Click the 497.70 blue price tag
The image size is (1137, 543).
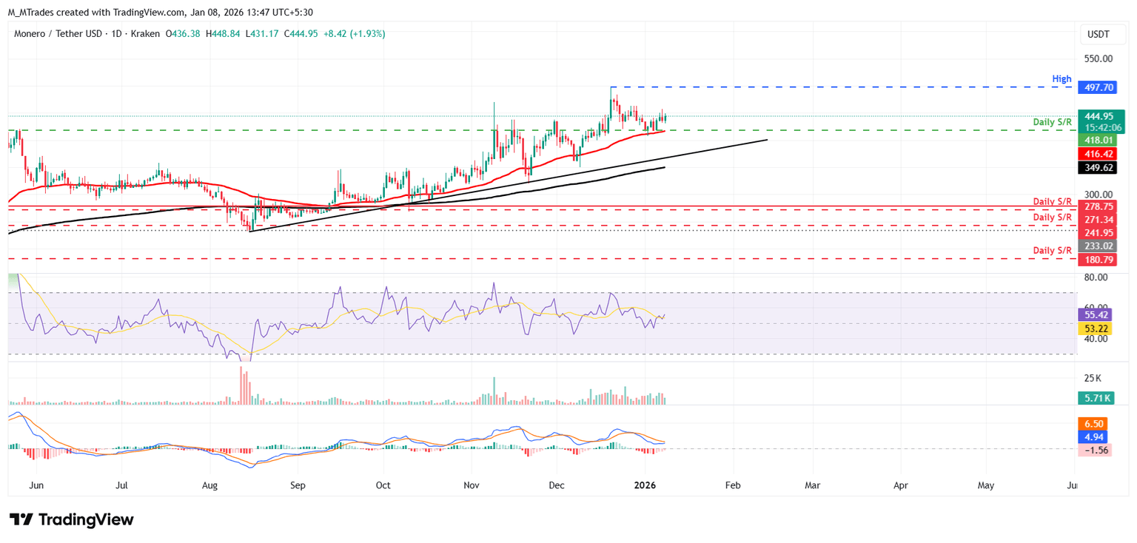click(1099, 87)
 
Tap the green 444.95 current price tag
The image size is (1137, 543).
click(1099, 116)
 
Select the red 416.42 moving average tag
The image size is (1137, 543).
click(1099, 154)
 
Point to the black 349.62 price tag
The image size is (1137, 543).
click(1099, 168)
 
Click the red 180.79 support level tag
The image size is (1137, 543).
click(1099, 260)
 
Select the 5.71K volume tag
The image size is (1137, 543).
click(1096, 398)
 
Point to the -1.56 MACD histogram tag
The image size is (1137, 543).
click(1096, 451)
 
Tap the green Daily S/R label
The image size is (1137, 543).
click(1053, 121)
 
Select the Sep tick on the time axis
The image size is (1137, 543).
click(298, 485)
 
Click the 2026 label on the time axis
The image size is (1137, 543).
click(646, 485)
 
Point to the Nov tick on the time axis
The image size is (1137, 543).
click(472, 485)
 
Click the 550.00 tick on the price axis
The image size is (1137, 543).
click(1099, 58)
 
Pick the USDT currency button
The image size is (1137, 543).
click(1099, 34)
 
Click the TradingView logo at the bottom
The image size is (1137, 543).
click(72, 519)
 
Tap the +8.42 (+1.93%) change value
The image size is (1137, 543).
click(355, 34)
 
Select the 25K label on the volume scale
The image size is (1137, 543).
click(1093, 378)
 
